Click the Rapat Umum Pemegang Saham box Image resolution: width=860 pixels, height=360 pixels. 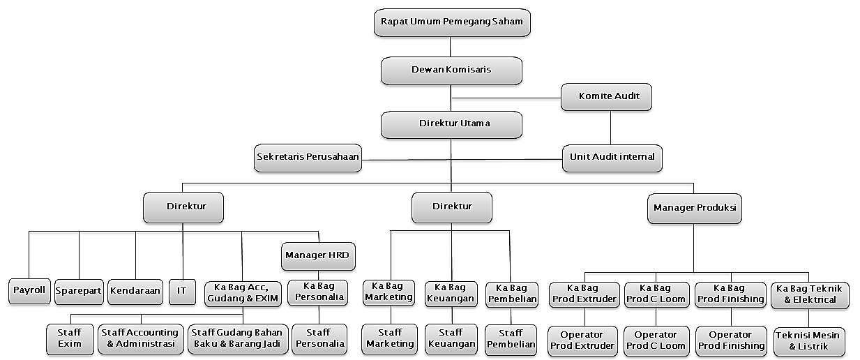point(451,22)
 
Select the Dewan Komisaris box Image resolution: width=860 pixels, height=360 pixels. point(451,70)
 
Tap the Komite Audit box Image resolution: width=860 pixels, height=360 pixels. point(606,96)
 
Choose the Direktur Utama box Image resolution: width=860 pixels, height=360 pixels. point(451,123)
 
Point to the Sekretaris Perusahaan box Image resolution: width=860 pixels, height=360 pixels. point(308,157)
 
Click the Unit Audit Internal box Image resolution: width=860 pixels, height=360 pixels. point(612,157)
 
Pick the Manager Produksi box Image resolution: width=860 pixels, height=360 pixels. point(693,208)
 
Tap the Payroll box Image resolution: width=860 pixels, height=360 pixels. point(30,291)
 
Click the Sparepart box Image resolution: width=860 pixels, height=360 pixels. point(78,291)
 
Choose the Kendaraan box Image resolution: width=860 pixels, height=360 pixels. point(135,291)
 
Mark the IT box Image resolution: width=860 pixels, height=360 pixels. point(182,291)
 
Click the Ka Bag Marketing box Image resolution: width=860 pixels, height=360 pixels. point(389,292)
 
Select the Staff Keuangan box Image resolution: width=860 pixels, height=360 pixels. point(451,338)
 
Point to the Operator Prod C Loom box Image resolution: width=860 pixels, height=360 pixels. point(656,340)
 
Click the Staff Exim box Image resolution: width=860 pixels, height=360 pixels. point(70,338)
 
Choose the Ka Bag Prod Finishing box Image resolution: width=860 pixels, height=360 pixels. point(730,294)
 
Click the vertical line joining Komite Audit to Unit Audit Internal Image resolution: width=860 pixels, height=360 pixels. point(611,127)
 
